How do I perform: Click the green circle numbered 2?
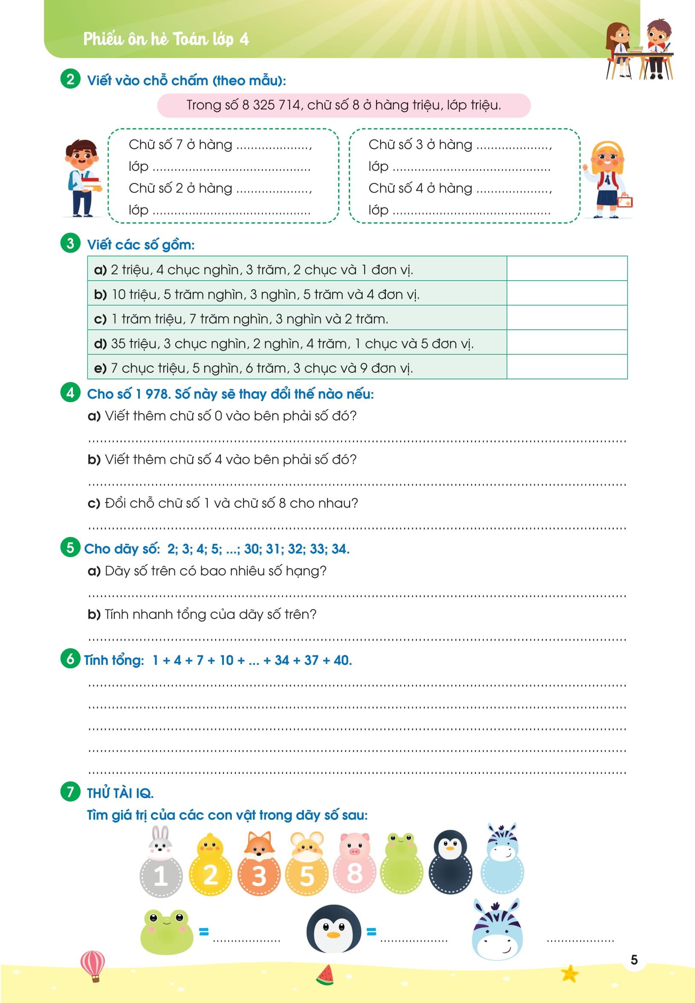tap(70, 79)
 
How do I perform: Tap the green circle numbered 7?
tap(70, 792)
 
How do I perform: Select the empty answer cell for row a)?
tap(567, 269)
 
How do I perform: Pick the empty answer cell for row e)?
tap(567, 367)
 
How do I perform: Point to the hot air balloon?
tap(93, 966)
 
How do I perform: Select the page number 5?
tap(634, 960)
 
